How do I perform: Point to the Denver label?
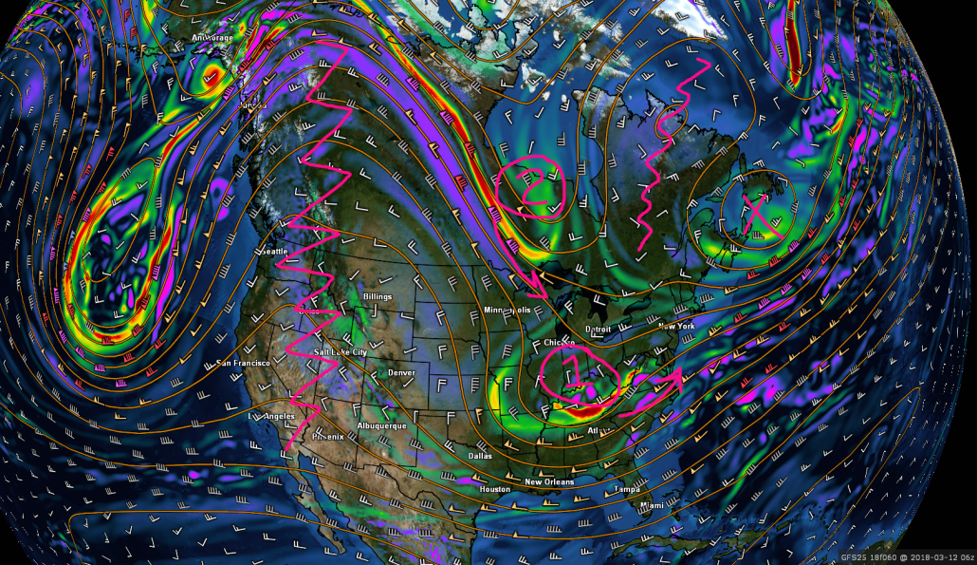401,372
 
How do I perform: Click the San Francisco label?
244,363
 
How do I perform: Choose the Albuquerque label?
383,425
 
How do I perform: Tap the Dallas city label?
480,456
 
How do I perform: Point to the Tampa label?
626,488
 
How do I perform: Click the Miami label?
652,505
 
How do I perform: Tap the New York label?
676,326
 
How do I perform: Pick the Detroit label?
598,329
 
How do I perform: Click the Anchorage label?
212,38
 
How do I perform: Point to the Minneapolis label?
507,311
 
